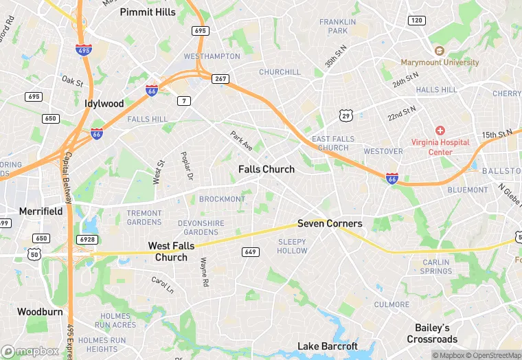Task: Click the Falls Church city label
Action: (x=266, y=169)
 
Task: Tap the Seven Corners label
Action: (x=330, y=223)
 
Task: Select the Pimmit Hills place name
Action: (x=148, y=12)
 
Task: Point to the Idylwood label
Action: (x=104, y=104)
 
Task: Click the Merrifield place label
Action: (x=41, y=211)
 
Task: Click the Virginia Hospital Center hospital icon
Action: (x=440, y=131)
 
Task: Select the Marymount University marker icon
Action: (x=439, y=51)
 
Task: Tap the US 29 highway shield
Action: (x=346, y=115)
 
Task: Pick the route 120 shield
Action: (x=417, y=20)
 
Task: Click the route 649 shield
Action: (x=251, y=252)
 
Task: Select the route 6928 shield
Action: (x=87, y=238)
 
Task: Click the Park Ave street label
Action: (x=242, y=141)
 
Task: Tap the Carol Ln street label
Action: (x=163, y=284)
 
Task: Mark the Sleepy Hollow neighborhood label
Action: (x=293, y=246)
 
